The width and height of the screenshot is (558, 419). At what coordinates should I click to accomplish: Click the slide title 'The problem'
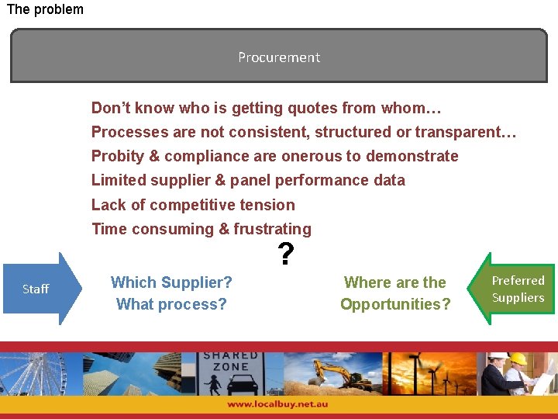tap(45, 9)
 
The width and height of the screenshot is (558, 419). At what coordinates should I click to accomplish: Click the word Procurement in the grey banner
tap(279, 57)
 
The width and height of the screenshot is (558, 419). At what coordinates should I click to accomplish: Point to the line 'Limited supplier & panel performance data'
tap(248, 180)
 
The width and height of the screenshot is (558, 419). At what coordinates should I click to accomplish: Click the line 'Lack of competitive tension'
tap(193, 205)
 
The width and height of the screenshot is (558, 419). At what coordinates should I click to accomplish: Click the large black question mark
tap(286, 254)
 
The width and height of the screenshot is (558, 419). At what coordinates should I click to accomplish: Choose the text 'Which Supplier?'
tap(171, 282)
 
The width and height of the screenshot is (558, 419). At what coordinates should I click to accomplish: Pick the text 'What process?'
tap(171, 304)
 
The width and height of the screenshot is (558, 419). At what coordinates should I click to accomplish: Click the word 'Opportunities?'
tap(395, 304)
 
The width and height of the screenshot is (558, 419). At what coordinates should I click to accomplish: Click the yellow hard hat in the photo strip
tap(518, 358)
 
